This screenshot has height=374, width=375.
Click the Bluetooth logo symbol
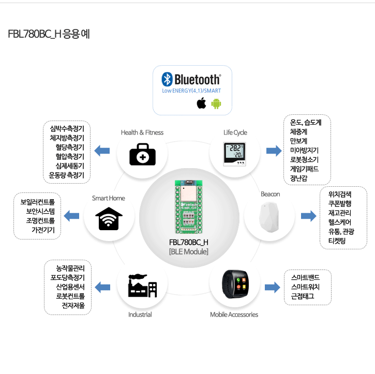point(167,79)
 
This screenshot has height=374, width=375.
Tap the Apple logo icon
point(201,103)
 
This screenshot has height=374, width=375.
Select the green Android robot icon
point(216,103)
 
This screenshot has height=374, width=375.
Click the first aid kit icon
point(143,154)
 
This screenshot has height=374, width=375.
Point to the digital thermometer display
point(234,154)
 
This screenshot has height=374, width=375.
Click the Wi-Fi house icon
point(109,219)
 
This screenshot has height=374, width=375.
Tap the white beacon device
point(269,217)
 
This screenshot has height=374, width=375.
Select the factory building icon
point(143,286)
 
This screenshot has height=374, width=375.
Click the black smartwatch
point(235,284)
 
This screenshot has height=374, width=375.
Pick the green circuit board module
point(189,207)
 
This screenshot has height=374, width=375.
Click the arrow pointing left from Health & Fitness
point(102,151)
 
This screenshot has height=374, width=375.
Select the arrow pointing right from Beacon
point(308,216)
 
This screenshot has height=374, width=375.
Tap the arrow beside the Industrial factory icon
point(102,287)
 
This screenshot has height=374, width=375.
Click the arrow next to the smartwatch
point(273,287)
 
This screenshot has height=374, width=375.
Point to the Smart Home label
point(109,198)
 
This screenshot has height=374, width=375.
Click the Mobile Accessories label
point(234,315)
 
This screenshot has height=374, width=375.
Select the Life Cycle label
point(235,132)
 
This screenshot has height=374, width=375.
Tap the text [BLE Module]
point(189,251)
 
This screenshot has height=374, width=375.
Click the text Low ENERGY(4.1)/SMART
point(191,91)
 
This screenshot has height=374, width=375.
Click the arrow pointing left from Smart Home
point(71,216)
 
